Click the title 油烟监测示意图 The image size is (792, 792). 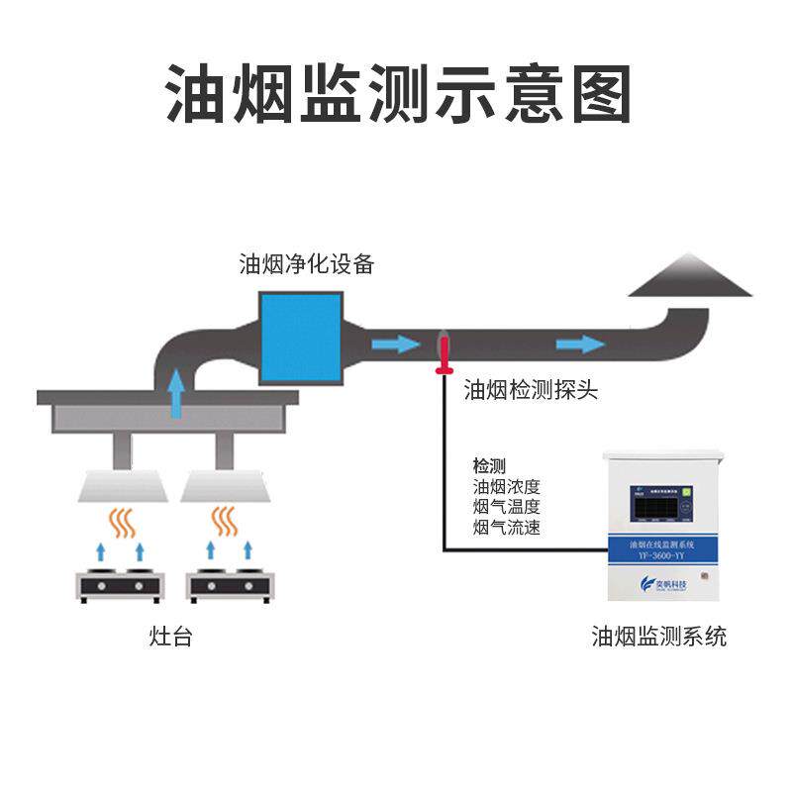coord(397,94)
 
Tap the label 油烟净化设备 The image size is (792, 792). coord(307,264)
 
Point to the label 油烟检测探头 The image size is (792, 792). coord(531,390)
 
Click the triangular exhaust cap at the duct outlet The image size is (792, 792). coord(691,276)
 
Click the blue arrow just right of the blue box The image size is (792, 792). coord(395,345)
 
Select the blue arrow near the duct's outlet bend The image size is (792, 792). coord(579,344)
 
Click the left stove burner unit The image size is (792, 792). coord(120,586)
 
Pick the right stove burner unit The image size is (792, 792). coord(231,586)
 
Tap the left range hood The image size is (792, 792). coord(119,485)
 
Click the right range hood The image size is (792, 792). coord(226,485)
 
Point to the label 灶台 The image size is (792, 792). coord(169,637)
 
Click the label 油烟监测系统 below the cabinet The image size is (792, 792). coord(658,636)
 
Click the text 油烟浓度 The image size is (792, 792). coord(507,486)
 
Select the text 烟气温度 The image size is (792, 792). coord(507,507)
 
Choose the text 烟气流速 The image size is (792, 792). coord(507,528)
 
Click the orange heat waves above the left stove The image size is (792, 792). coord(122,522)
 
